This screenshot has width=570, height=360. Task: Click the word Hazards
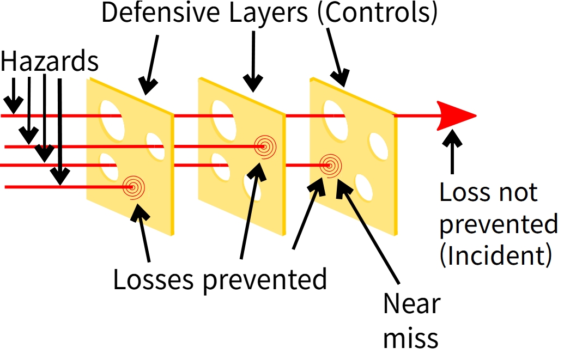pos(50,62)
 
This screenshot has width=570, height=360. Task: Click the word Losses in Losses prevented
pos(153,279)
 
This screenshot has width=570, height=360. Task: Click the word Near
pos(411,303)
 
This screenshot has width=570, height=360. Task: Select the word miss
pos(410,338)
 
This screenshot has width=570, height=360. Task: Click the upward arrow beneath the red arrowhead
pos(452,152)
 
